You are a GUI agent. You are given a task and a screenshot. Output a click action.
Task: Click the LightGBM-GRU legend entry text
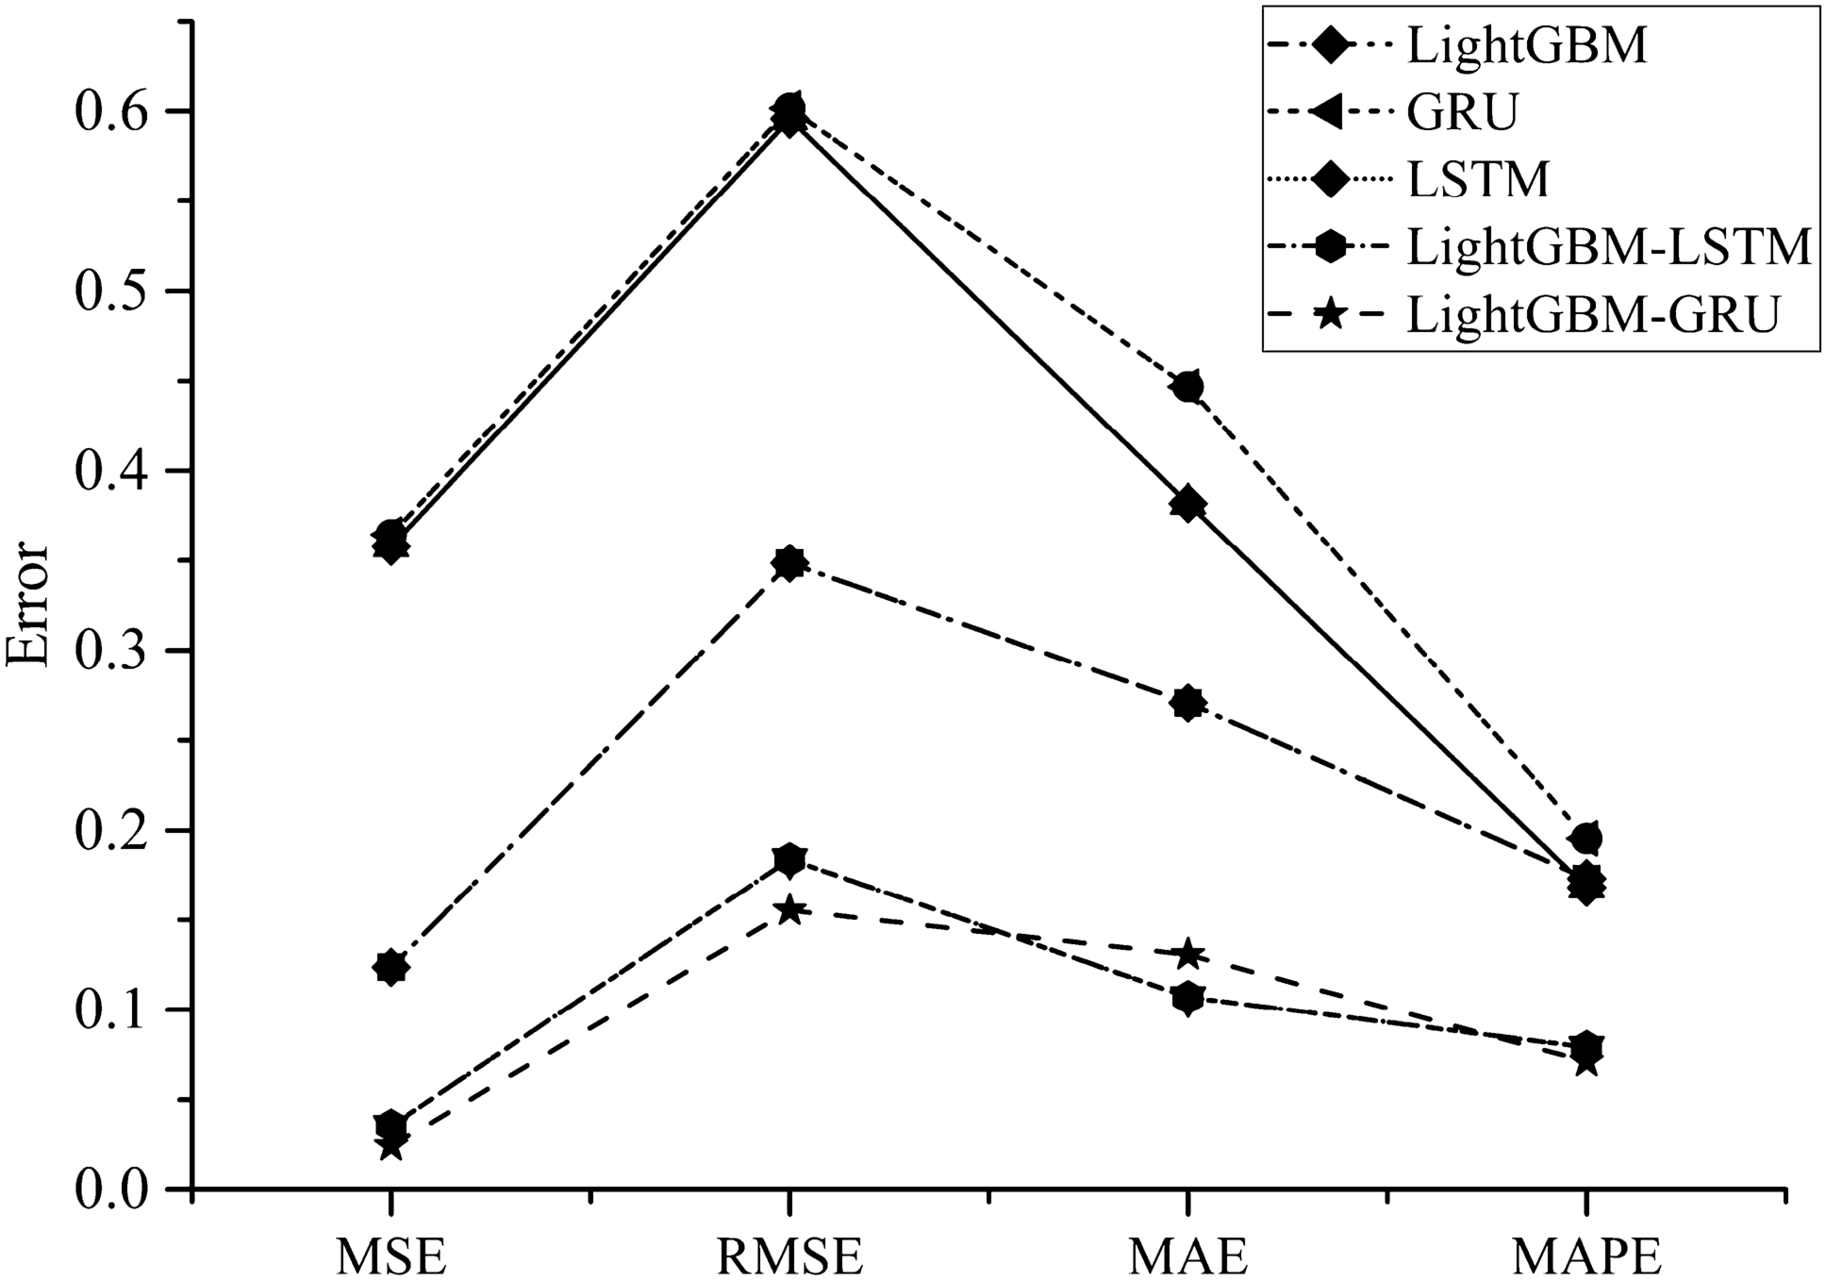[x=1592, y=316]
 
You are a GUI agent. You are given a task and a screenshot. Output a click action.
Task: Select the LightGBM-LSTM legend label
[x=1609, y=248]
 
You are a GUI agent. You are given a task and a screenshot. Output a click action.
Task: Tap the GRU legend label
[x=1463, y=112]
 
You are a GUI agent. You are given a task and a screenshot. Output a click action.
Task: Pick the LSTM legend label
[x=1479, y=180]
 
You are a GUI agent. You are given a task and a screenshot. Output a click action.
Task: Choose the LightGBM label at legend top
[x=1527, y=45]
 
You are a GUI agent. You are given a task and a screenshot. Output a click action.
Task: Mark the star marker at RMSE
[x=790, y=910]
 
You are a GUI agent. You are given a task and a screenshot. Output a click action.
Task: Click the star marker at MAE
[x=1188, y=954]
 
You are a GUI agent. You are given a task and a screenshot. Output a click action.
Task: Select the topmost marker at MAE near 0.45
[x=1188, y=387]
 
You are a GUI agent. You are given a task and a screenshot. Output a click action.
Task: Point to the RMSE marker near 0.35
[x=790, y=564]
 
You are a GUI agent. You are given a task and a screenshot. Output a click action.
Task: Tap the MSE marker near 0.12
[x=391, y=967]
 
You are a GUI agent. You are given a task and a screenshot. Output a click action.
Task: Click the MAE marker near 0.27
[x=1188, y=703]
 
